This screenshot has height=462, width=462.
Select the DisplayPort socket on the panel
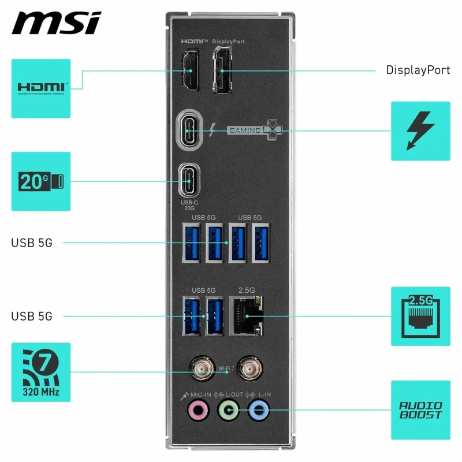222,72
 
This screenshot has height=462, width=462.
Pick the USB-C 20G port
189,180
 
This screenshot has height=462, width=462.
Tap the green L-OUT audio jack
229,412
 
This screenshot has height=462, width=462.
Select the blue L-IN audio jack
258,412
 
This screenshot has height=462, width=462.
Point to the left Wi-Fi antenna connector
201,367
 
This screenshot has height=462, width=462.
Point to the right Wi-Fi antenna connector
251,367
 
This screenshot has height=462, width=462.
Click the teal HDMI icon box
41,88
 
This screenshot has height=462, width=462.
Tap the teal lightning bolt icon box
420,131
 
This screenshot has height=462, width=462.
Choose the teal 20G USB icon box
41,181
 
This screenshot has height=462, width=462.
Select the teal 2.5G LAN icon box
420,316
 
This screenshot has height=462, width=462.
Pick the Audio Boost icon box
420,410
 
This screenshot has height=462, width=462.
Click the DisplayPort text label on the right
418,70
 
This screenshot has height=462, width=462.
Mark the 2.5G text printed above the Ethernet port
247,289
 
